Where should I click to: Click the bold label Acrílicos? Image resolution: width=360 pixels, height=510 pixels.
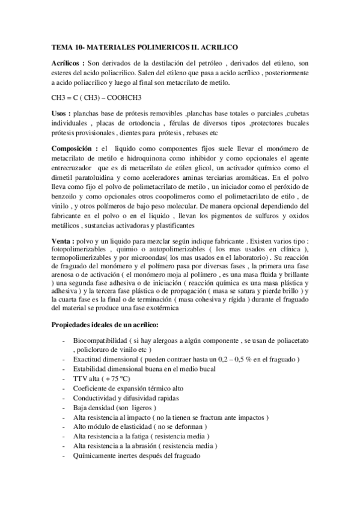click(67, 62)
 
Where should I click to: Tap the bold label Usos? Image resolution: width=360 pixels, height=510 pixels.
click(61, 114)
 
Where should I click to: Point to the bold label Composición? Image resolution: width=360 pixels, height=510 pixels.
click(74, 148)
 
